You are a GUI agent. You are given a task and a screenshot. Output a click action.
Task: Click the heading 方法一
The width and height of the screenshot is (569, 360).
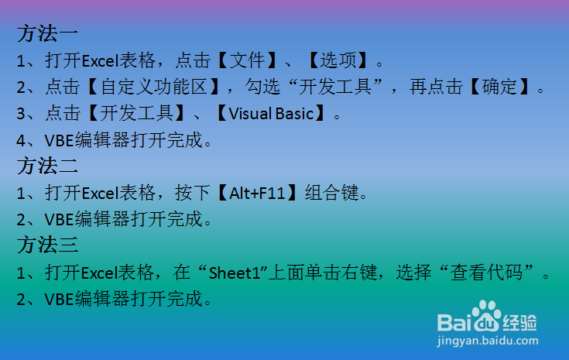coord(47,34)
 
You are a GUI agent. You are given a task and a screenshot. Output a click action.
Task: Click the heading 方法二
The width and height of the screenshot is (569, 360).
coord(47,166)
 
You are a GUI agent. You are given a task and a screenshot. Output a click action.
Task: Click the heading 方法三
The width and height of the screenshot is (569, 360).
coord(47,245)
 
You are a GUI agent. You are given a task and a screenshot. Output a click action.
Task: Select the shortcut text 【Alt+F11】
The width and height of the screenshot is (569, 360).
coord(260,193)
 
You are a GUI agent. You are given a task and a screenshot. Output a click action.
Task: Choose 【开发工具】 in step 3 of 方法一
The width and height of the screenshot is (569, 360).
coord(136,114)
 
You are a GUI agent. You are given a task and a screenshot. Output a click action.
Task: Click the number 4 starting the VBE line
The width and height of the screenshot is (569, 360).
coord(21,140)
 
